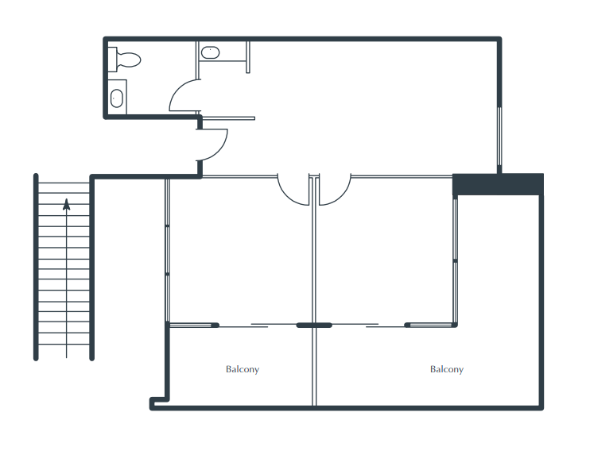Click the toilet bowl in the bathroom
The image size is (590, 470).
pyautogui.click(x=129, y=60)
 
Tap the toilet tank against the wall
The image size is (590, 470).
pyautogui.click(x=112, y=60)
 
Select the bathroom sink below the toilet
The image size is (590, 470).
pyautogui.click(x=117, y=98)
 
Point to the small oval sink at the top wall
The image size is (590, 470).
pyautogui.click(x=210, y=52)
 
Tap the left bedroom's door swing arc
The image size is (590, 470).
pyautogui.click(x=286, y=195)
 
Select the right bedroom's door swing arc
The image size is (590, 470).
pyautogui.click(x=343, y=195)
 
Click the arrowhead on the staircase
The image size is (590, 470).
pyautogui.click(x=67, y=204)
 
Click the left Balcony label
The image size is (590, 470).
pyautogui.click(x=243, y=369)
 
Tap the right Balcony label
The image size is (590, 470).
pyautogui.click(x=447, y=369)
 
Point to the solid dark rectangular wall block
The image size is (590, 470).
pyautogui.click(x=498, y=184)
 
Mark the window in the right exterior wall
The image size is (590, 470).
pyautogui.click(x=499, y=137)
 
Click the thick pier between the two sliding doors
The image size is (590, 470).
pyautogui.click(x=314, y=326)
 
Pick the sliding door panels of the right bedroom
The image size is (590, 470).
pyautogui.click(x=369, y=326)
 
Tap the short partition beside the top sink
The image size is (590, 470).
pyautogui.click(x=248, y=56)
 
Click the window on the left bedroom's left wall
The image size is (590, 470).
pyautogui.click(x=168, y=250)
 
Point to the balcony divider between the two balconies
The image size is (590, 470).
pyautogui.click(x=314, y=366)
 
